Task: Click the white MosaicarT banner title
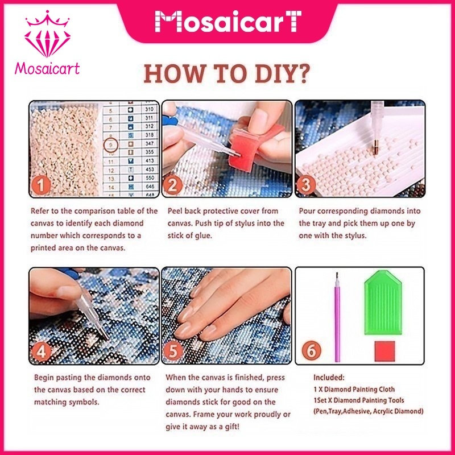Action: point(228,21)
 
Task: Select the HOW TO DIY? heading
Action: point(226,74)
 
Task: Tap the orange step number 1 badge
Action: point(41,185)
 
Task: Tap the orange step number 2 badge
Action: point(173,185)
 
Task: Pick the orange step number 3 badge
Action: point(306,184)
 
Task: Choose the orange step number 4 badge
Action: point(41,351)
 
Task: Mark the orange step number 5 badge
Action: point(173,350)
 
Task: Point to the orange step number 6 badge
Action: point(311,350)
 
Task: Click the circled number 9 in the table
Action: point(110,144)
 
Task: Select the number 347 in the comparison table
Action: point(150,143)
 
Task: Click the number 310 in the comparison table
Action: point(150,109)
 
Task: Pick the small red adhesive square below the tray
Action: point(385,351)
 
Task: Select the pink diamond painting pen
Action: point(337,317)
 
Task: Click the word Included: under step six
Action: point(329,378)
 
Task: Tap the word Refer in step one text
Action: point(39,211)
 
